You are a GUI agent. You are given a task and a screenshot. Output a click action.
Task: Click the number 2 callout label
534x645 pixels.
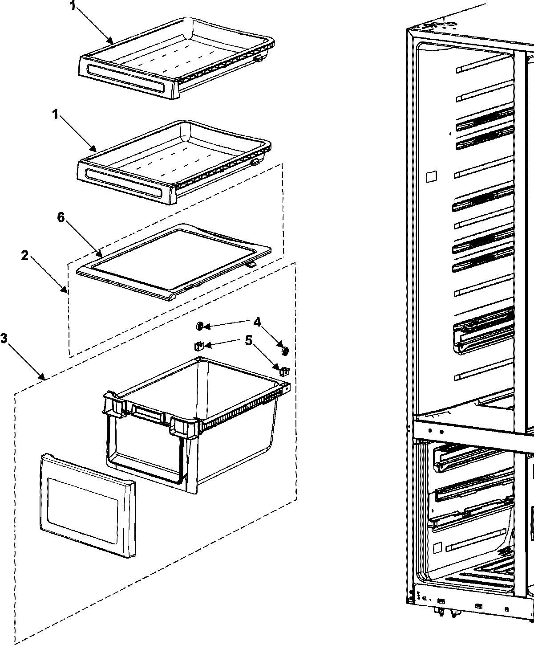[25, 256]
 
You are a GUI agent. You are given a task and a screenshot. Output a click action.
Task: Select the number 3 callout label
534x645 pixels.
[4, 339]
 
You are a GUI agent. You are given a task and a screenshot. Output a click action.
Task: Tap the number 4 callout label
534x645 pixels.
[257, 321]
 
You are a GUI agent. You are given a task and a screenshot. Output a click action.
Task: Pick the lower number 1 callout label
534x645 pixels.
[55, 115]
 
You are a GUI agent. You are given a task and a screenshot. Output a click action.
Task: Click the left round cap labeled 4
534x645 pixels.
[199, 327]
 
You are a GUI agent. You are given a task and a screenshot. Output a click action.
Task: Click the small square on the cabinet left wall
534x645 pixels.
[431, 176]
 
